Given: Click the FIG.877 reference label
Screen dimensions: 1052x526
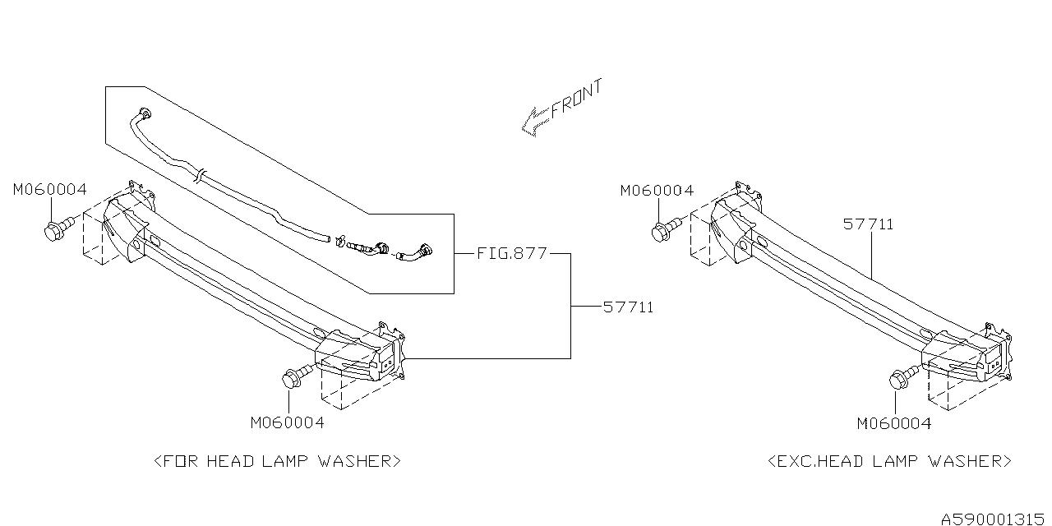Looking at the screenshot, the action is (512, 254).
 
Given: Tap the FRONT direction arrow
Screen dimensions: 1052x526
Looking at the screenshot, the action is (535, 122).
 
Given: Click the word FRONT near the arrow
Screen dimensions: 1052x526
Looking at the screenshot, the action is (576, 99).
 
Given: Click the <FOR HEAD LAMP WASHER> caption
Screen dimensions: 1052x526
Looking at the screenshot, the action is (278, 461).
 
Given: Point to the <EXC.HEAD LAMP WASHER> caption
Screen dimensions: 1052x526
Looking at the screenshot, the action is (889, 461).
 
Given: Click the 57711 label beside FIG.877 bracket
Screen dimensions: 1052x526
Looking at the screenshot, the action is (629, 307).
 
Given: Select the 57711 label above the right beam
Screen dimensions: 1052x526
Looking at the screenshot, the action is (869, 224).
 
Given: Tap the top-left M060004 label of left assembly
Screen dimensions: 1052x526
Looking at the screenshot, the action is (50, 190).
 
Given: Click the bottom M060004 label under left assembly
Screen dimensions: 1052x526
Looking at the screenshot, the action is (288, 422).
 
